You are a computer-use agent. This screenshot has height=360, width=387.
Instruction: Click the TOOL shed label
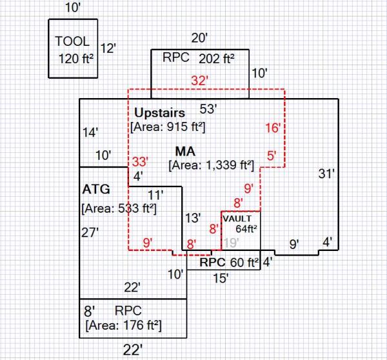tap(72, 41)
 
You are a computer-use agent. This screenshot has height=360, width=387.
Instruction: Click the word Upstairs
tap(160, 113)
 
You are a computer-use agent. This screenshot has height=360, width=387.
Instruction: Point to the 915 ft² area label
tap(168, 127)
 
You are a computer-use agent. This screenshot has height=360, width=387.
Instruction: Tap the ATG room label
tap(96, 190)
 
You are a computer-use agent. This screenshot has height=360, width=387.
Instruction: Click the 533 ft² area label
tap(119, 208)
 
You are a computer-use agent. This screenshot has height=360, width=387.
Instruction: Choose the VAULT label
tap(237, 219)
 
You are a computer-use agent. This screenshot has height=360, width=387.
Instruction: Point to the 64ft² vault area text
tap(246, 228)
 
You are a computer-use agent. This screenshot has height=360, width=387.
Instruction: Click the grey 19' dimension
tap(230, 243)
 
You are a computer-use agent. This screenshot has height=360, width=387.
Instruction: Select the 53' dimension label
tap(208, 108)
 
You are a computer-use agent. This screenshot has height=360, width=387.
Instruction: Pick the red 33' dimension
tap(140, 161)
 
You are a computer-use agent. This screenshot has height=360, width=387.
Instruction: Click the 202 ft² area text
tap(216, 58)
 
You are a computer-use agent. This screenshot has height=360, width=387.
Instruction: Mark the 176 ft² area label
tap(123, 324)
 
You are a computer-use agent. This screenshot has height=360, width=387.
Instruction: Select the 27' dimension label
tap(90, 233)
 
